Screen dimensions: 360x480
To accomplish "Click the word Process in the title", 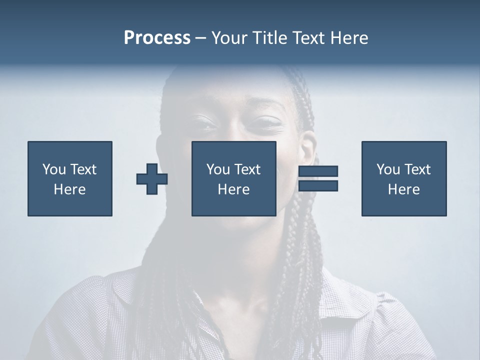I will coord(157,38).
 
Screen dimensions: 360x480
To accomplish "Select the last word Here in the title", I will coord(350,38).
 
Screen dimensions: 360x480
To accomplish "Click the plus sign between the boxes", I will coord(152,178).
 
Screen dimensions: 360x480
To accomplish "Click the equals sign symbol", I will coord(318,178).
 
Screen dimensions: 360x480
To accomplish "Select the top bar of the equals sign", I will coord(318,171).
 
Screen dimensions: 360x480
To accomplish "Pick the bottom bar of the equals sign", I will coord(318,185).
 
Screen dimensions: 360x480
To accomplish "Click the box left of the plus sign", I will coord(70,178).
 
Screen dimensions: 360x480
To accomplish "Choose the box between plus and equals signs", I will coord(234,178).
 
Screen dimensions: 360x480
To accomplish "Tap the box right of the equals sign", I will coord(404,178).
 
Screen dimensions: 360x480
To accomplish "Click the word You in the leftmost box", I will coord(53,169).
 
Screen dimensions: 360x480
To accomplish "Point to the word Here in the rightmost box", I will coord(404,189).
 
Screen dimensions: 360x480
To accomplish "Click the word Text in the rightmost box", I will coord(418,169).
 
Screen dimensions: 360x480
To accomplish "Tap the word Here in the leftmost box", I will coord(70,189).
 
